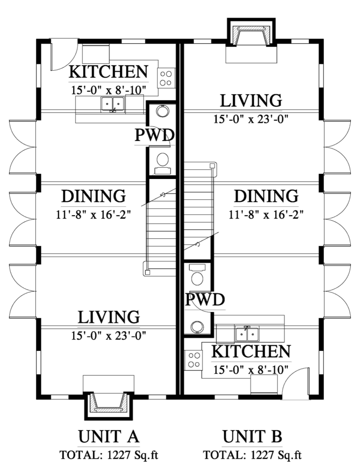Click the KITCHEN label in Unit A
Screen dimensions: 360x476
click(108, 72)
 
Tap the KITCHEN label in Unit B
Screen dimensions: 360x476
click(251, 351)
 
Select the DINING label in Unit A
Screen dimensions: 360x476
click(93, 196)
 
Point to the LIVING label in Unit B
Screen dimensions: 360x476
click(251, 101)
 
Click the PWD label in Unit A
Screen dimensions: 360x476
click(154, 135)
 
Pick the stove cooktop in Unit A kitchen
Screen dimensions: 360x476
click(166, 78)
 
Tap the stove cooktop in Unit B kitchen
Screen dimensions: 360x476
click(194, 360)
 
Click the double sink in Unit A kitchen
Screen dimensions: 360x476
click(113, 104)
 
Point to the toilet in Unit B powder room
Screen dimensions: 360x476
click(198, 275)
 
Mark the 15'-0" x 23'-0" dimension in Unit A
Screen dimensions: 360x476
click(109, 336)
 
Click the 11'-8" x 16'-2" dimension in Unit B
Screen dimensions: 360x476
click(266, 215)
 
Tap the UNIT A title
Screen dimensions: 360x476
click(109, 436)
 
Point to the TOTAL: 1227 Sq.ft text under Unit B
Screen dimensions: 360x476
click(252, 456)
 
